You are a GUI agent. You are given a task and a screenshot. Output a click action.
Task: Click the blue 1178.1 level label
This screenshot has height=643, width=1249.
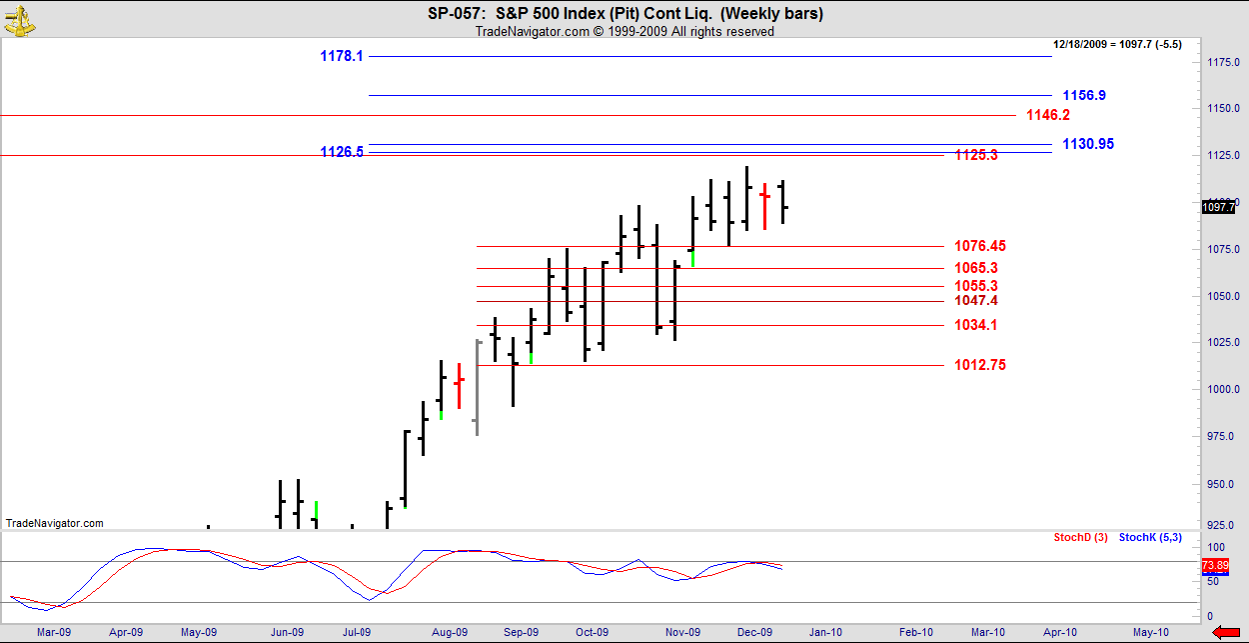tap(341, 57)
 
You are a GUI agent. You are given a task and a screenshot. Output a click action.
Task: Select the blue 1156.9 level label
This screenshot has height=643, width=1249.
tap(1084, 96)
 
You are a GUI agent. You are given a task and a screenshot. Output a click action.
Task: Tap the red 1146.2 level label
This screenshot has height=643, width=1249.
tap(1048, 116)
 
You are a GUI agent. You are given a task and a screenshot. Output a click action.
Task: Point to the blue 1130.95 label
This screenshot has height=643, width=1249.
tap(1088, 144)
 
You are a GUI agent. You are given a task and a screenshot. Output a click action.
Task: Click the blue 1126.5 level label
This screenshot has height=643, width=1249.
tap(341, 153)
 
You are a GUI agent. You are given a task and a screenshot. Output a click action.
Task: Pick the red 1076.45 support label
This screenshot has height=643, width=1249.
tap(979, 246)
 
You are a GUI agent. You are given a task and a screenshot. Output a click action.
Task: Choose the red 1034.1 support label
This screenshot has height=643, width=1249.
tap(975, 325)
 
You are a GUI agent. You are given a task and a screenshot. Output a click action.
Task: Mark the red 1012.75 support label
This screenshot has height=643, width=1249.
tap(979, 366)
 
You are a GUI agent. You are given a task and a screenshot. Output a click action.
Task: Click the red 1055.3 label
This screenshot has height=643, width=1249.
tap(975, 286)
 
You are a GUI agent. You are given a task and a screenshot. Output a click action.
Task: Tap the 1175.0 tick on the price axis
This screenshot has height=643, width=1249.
tap(1223, 63)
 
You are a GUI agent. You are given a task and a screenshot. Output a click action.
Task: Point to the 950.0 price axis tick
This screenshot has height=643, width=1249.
tap(1221, 484)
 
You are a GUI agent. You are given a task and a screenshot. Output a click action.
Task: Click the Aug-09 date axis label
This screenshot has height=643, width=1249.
tap(450, 632)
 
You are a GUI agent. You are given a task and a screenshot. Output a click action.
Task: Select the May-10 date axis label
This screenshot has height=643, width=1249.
tap(1150, 632)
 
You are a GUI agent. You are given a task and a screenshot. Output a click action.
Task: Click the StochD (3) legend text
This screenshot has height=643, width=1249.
tap(1080, 538)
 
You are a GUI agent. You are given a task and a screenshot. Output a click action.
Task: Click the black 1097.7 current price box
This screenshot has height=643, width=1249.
tap(1218, 207)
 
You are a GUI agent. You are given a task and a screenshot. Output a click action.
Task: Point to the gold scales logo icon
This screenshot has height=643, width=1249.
tap(17, 18)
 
